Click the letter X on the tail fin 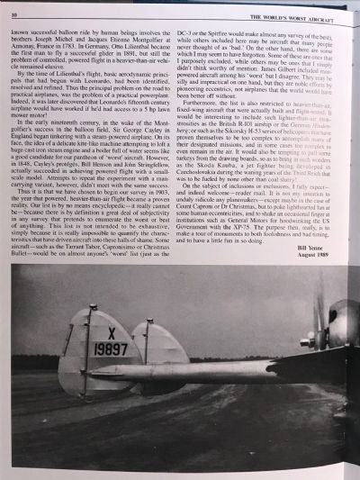point(111,332)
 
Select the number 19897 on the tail point(111,349)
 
